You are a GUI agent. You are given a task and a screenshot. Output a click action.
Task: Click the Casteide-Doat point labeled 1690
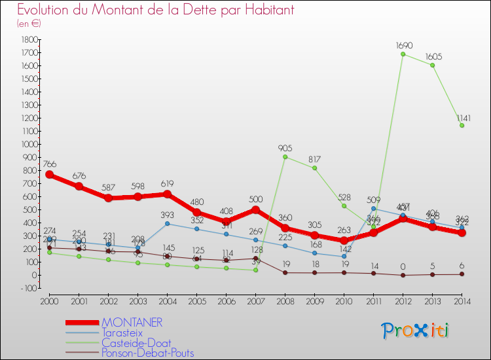[x=403, y=54]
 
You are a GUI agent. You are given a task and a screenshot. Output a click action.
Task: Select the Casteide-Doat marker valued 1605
[x=433, y=65]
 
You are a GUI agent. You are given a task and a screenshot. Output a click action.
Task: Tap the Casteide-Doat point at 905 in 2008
[x=285, y=156]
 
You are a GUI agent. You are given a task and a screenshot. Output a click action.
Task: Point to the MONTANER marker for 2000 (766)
[x=49, y=175]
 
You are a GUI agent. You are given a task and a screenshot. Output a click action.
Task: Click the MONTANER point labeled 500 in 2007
[x=255, y=209]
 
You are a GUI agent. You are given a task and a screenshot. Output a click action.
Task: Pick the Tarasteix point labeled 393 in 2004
[x=167, y=224]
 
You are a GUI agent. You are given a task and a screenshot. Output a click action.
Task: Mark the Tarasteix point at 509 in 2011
[x=374, y=209]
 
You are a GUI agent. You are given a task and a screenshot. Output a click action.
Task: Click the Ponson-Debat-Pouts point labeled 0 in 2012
[x=403, y=275]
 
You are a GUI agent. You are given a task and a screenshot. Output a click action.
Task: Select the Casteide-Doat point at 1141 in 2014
[x=462, y=126]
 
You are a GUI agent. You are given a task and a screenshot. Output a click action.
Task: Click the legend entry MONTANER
[x=132, y=323]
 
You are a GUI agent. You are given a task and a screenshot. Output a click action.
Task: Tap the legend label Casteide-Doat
[x=135, y=342]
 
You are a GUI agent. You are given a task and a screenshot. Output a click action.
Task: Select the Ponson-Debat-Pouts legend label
[x=147, y=353]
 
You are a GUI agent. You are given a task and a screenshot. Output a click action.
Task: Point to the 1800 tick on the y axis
[x=28, y=39]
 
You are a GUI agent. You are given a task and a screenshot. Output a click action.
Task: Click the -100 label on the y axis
[x=28, y=288]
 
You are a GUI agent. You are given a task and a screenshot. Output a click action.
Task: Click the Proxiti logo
[x=416, y=330]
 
